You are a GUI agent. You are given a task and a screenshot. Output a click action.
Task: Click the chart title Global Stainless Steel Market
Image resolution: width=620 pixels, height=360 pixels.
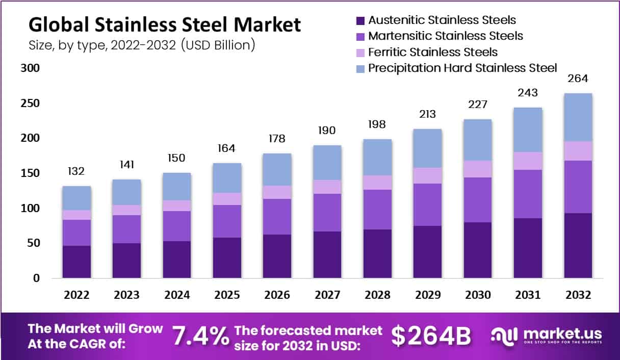click(x=164, y=24)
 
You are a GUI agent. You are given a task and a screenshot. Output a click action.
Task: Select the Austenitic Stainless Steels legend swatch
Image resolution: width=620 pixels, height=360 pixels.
click(x=360, y=21)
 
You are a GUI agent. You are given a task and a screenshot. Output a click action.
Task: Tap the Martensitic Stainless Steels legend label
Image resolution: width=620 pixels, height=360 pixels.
click(x=445, y=36)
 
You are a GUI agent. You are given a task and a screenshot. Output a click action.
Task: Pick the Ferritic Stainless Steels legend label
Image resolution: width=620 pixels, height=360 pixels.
click(x=433, y=52)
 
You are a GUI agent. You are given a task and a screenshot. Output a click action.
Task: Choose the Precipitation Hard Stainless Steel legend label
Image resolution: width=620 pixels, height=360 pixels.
click(x=462, y=67)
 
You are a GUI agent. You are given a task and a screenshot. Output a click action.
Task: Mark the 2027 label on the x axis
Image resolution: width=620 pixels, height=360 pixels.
click(x=327, y=295)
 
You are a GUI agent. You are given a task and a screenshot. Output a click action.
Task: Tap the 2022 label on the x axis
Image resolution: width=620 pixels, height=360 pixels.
click(x=76, y=295)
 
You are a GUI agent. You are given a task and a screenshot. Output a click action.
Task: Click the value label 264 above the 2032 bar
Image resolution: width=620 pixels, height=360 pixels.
click(x=578, y=79)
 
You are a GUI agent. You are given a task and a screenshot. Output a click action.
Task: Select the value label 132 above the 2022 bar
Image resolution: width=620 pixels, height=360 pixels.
click(x=76, y=171)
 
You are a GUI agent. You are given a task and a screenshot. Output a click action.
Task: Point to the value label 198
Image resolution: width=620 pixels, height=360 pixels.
click(x=377, y=124)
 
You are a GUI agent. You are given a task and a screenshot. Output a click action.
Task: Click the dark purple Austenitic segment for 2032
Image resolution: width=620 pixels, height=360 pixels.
click(x=578, y=245)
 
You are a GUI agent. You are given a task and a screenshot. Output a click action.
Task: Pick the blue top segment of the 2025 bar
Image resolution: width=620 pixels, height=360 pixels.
click(x=227, y=177)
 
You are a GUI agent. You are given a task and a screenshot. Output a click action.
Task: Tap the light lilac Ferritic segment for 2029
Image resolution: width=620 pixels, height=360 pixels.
click(x=427, y=175)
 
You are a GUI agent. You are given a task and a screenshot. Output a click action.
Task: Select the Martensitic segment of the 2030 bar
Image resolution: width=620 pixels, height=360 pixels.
click(x=477, y=199)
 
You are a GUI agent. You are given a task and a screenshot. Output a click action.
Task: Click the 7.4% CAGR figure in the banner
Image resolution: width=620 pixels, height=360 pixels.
click(x=200, y=336)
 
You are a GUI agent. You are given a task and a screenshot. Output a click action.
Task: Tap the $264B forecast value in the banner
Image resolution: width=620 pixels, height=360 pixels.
click(x=431, y=336)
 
